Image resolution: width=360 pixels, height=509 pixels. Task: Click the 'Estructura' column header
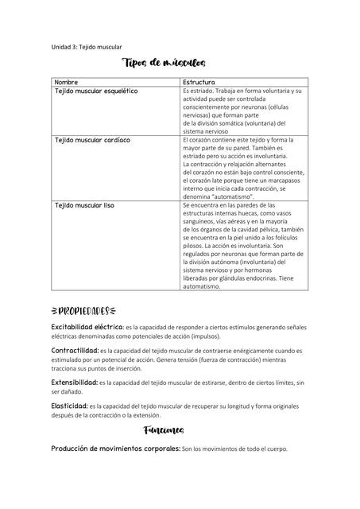point(199,83)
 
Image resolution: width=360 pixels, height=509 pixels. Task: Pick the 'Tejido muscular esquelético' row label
point(95,91)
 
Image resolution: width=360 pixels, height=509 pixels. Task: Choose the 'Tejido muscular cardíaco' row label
point(92,140)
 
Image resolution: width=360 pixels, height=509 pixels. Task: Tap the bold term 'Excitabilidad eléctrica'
point(87,327)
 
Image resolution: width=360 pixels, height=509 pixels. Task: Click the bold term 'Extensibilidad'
point(75,383)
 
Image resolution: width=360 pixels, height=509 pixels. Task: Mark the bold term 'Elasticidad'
point(70,406)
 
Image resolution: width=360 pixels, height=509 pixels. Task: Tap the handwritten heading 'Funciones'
point(165,430)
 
